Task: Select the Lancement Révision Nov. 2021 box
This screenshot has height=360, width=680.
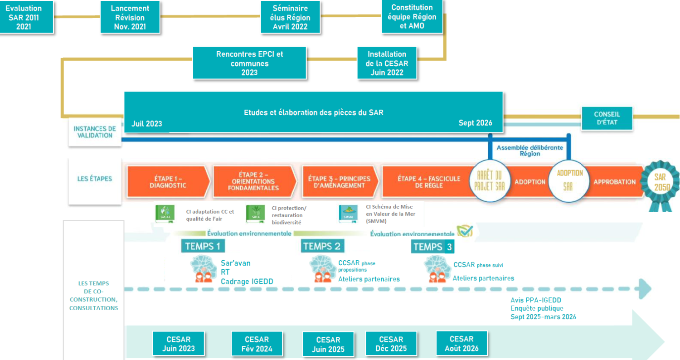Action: (x=130, y=18)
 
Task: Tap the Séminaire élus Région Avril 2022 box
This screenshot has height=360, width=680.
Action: (x=290, y=18)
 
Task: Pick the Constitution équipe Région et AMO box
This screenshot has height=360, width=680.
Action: (x=412, y=16)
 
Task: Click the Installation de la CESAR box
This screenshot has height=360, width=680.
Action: (x=386, y=63)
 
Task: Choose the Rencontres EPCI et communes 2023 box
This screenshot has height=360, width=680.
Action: (x=250, y=63)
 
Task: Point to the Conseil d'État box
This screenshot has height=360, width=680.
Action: (x=607, y=119)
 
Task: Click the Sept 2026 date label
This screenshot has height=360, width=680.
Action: (x=475, y=124)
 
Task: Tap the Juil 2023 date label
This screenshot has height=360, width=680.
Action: (x=146, y=124)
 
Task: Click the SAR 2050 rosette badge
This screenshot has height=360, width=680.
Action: (x=663, y=184)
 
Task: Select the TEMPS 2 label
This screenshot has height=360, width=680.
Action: (x=322, y=246)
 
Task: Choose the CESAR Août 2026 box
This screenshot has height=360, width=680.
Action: (x=461, y=344)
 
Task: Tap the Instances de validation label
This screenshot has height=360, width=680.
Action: (x=95, y=132)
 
